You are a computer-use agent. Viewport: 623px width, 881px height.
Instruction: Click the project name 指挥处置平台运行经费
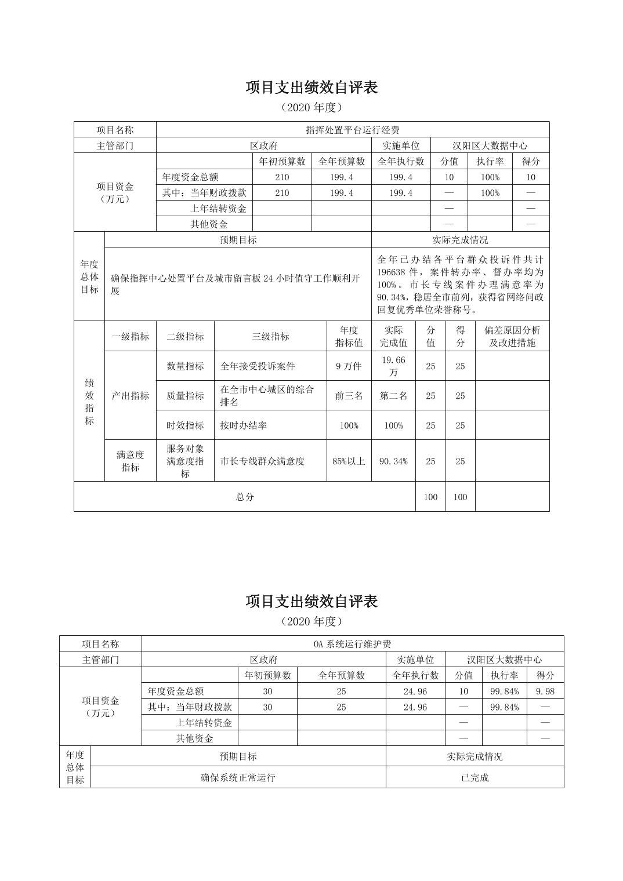coord(352,130)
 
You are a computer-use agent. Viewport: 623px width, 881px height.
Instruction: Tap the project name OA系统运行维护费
coord(352,644)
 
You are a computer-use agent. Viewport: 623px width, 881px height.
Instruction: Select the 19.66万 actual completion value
coord(393,366)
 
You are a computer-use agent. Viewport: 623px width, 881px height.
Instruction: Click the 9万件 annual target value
coord(349,366)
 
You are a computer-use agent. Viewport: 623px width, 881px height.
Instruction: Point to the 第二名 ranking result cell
coord(393,396)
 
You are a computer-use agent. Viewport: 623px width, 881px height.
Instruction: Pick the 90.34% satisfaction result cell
coord(393,461)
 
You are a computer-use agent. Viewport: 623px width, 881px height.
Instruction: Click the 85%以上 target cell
coord(349,461)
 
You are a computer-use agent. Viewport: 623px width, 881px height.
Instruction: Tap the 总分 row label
coord(244,497)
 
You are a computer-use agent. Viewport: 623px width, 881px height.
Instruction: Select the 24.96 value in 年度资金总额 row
coord(415,691)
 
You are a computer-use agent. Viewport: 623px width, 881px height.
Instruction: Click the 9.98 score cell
coord(545,691)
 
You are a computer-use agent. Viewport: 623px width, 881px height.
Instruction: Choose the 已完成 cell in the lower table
coord(475,778)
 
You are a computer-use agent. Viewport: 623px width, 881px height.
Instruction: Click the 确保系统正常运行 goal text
coord(238,778)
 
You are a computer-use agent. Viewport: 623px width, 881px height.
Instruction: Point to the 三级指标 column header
coord(270,336)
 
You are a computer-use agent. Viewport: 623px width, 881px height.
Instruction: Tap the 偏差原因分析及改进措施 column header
coord(512,336)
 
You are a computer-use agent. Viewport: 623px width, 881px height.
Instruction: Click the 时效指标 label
coord(185,425)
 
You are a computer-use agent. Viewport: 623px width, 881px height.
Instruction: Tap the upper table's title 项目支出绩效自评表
coord(311,88)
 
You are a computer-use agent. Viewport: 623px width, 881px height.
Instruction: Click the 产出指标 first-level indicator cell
coord(130,396)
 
